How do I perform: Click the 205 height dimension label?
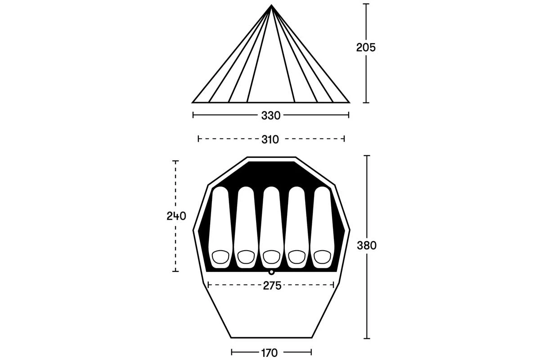click(366, 48)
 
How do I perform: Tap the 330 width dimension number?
click(271, 116)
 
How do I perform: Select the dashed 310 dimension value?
click(270, 139)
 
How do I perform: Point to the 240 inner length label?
click(176, 216)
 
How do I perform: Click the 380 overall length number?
click(367, 245)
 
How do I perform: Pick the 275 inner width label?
click(272, 286)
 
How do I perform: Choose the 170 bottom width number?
click(269, 353)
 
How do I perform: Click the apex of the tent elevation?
click(271, 5)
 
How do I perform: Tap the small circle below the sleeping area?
click(271, 272)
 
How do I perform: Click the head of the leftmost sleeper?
click(220, 257)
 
